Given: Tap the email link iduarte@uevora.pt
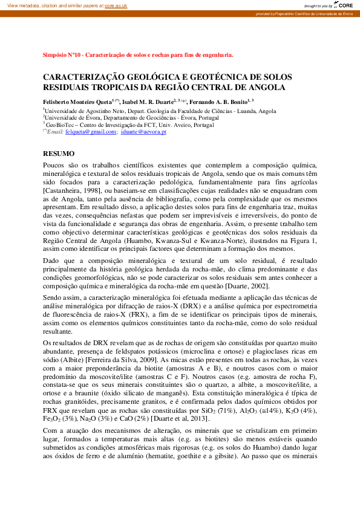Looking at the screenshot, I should tap(143, 131).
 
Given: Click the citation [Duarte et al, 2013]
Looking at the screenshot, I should tap(180, 418).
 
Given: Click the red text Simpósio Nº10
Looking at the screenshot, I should tap(63, 54).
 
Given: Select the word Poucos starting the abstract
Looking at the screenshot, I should tap(54, 165).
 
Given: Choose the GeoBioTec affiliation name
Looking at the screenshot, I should tap(60, 125).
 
